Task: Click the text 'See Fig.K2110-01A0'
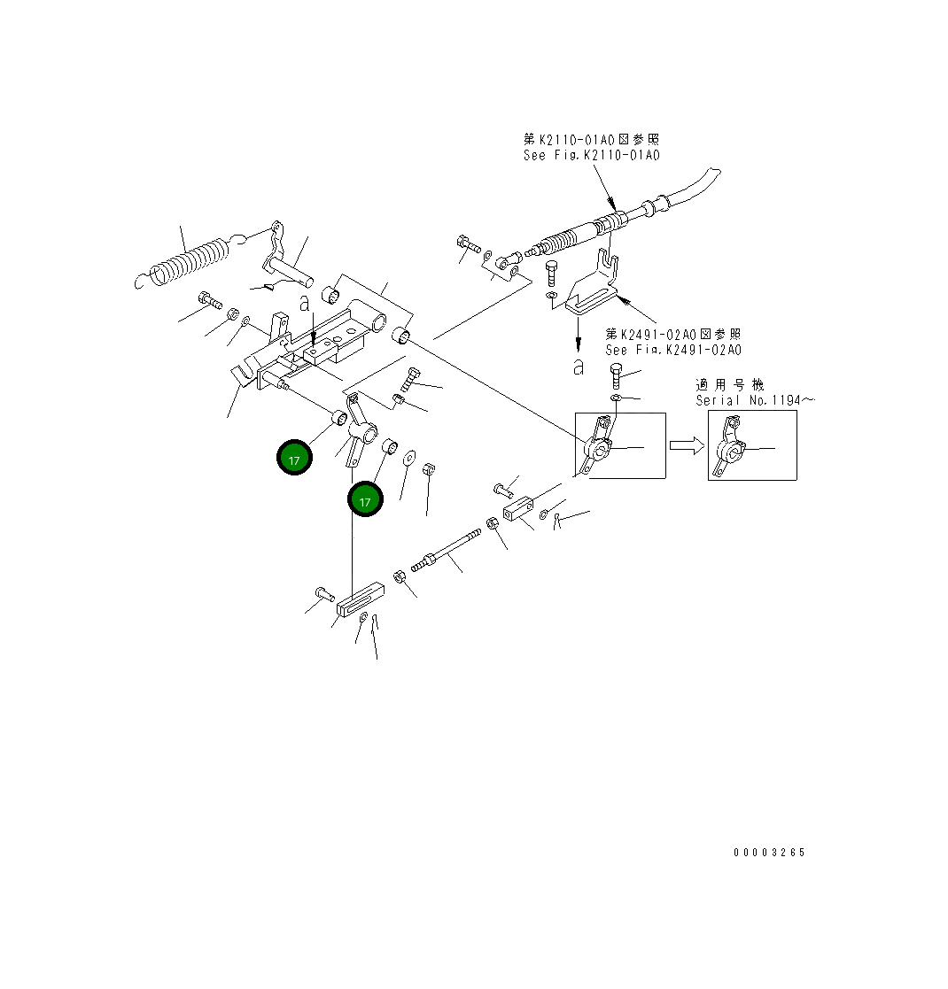(x=591, y=156)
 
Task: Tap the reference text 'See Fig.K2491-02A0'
(x=673, y=350)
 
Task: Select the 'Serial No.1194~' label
(x=754, y=400)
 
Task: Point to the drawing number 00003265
(x=769, y=853)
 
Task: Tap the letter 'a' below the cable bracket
(x=578, y=367)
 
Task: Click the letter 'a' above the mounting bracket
(x=304, y=304)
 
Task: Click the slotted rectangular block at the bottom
(x=359, y=600)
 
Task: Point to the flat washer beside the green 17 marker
(x=409, y=459)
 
